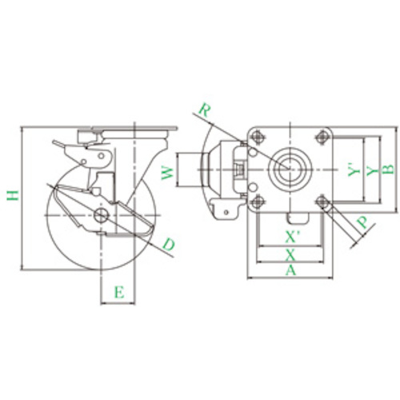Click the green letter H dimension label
(13, 195)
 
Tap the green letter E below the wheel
(119, 292)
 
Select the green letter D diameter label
(169, 245)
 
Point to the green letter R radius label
(205, 110)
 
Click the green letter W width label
(168, 173)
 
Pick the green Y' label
(354, 170)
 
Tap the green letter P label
(362, 222)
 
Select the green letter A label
(290, 270)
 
